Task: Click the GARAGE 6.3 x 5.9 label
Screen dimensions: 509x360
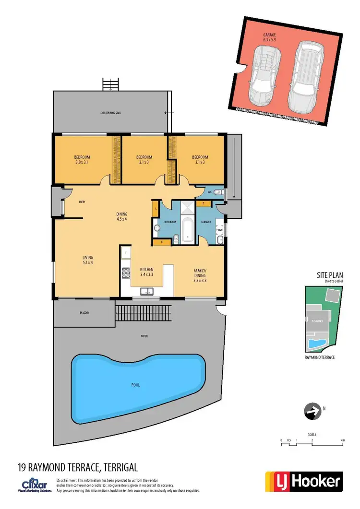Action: click(269, 38)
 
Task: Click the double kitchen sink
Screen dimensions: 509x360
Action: click(147, 291)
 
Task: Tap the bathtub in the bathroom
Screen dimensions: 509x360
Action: click(187, 229)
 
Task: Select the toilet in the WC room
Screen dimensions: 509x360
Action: click(218, 192)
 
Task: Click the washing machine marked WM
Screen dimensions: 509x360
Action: click(219, 230)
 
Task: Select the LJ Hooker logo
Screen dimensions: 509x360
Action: click(304, 481)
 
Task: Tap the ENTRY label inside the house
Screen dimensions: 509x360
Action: click(82, 202)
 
